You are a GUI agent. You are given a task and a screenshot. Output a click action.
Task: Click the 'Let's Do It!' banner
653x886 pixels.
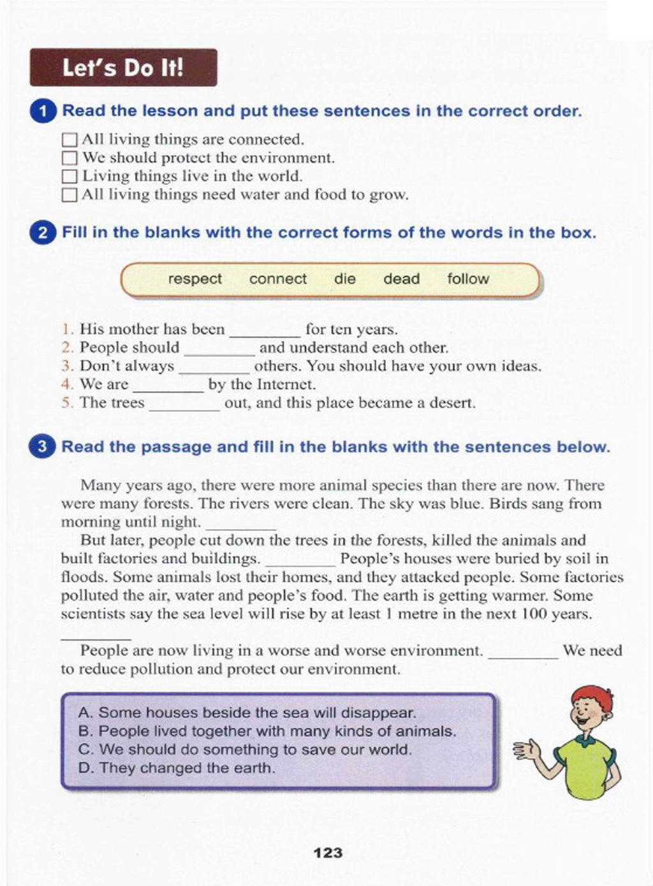[123, 68]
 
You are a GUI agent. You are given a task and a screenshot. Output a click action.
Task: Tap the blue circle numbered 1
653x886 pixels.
[43, 112]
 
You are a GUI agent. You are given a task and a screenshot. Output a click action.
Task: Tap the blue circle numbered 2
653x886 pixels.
[42, 233]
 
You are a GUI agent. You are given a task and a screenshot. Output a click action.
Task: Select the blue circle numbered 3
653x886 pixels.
[42, 447]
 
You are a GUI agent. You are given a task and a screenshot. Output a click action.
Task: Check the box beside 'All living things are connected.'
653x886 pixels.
[70, 140]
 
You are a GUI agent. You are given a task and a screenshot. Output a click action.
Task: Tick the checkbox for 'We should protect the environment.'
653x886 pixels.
[70, 158]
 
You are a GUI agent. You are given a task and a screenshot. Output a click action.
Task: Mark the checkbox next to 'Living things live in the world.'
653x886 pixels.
[70, 177]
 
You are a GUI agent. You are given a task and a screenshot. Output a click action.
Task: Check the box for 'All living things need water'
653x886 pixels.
[70, 195]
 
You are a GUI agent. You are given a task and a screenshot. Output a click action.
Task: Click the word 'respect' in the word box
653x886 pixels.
[194, 279]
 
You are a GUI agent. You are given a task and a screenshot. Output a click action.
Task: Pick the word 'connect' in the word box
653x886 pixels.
[277, 279]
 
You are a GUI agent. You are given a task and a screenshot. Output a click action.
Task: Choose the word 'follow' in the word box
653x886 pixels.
[467, 279]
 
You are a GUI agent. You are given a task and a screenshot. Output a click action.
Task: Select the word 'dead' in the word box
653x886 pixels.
[401, 279]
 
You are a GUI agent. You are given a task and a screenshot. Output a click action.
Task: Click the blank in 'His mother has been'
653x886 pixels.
[265, 332]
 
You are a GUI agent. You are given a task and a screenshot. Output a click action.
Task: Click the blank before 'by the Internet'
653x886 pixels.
[168, 388]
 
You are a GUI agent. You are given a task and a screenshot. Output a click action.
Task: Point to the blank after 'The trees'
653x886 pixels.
[184, 406]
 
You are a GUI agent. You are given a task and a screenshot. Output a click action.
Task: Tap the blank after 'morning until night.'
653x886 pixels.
[241, 525]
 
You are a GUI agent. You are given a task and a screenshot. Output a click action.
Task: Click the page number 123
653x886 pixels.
[328, 853]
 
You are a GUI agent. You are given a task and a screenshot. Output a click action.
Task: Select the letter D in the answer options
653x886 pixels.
[83, 768]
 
